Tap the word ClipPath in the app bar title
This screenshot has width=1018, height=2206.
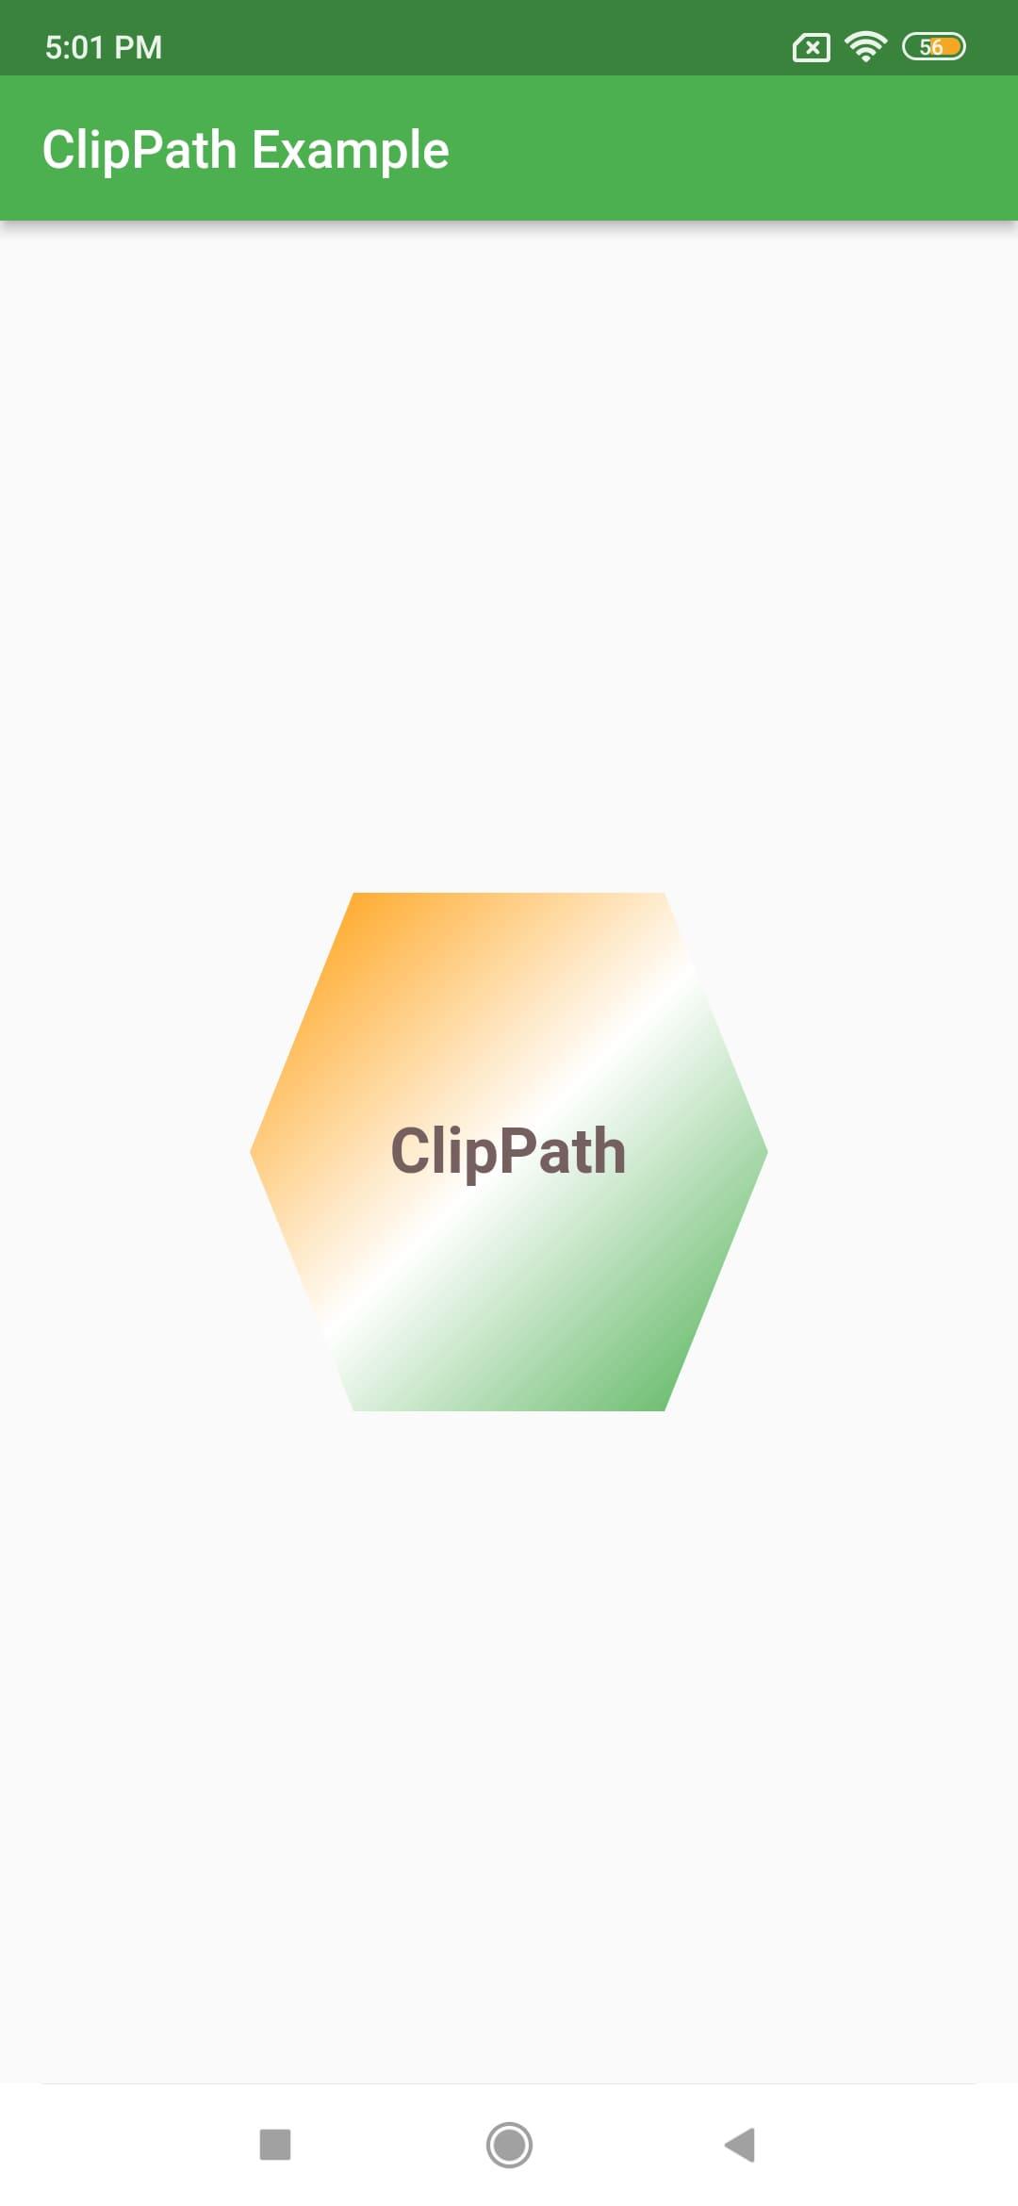[140, 151]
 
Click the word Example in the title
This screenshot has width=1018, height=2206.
[351, 151]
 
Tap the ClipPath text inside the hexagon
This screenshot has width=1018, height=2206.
[509, 1152]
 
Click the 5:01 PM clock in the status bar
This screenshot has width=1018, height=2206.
[104, 47]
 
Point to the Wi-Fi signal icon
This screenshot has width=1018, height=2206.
[865, 46]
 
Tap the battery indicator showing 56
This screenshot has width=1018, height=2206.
[933, 46]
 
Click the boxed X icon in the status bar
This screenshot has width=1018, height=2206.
[812, 47]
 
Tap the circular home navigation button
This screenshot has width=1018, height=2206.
[509, 2145]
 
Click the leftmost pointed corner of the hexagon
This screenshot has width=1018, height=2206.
[251, 1151]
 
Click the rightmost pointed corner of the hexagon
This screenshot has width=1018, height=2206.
[767, 1151]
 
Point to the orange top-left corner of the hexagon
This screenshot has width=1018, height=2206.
[353, 894]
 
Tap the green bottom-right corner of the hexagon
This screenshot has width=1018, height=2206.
[665, 1409]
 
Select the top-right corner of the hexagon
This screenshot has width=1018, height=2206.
[665, 894]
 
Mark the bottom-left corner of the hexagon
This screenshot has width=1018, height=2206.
[353, 1409]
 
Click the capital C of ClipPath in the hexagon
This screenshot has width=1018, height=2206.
[411, 1151]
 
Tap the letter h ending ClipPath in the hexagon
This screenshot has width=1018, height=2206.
[609, 1150]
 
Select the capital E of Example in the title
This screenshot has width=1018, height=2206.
[267, 151]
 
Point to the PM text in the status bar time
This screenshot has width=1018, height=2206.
[139, 47]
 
